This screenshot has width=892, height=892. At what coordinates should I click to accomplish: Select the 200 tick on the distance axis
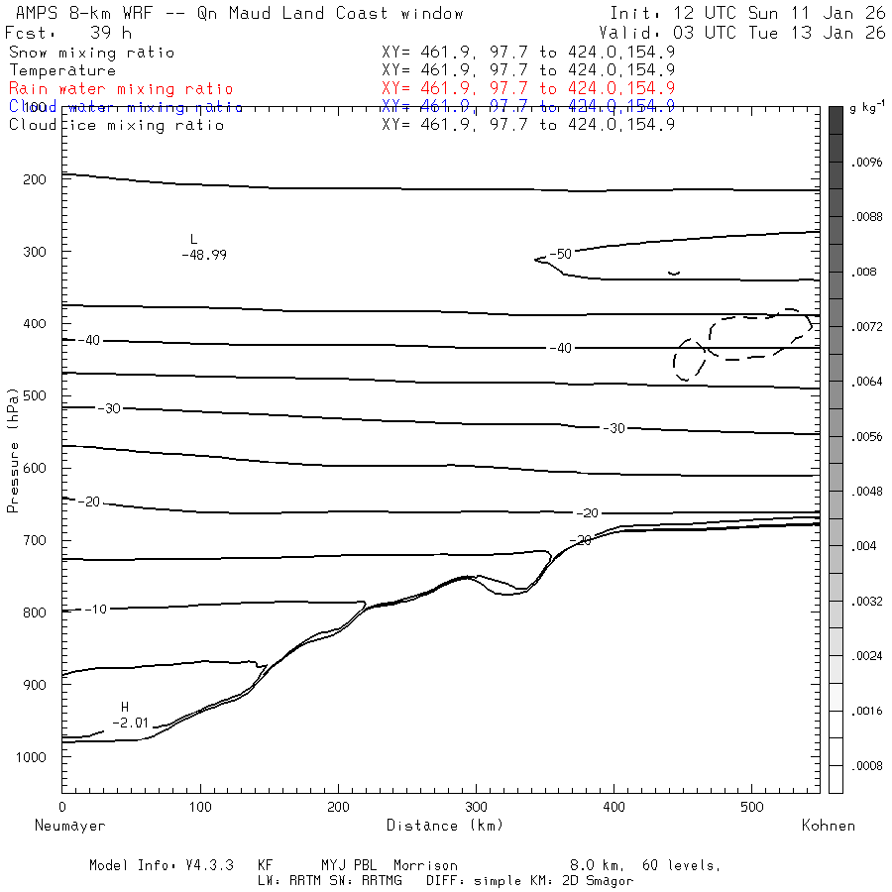(x=338, y=808)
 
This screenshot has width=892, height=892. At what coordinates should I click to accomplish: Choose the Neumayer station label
(x=69, y=826)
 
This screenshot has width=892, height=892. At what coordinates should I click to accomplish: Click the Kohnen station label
(x=828, y=826)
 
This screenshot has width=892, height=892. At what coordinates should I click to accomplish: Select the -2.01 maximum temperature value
(x=130, y=723)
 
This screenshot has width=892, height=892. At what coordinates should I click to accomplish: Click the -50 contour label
(x=561, y=255)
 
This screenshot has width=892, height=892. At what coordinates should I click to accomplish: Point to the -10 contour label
(x=96, y=609)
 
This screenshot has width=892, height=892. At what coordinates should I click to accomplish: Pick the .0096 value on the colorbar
(x=866, y=161)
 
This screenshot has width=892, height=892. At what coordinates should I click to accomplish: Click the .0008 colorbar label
(x=866, y=765)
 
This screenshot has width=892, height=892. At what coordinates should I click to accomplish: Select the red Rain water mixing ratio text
(x=121, y=89)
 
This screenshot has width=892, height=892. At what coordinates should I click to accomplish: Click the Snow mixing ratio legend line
(x=91, y=53)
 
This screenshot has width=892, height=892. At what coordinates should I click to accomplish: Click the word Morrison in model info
(x=425, y=865)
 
